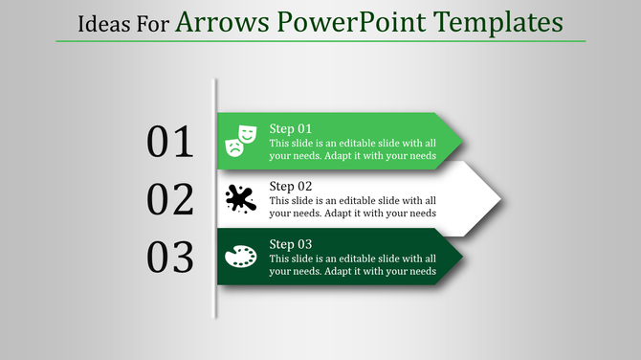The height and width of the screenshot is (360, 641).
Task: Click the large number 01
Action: pyautogui.click(x=170, y=142)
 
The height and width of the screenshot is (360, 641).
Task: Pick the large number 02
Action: pyautogui.click(x=170, y=199)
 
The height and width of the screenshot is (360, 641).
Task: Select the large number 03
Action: pyautogui.click(x=170, y=258)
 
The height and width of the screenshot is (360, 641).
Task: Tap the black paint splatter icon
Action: pyautogui.click(x=240, y=199)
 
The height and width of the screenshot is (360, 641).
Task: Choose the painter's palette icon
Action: pyautogui.click(x=240, y=257)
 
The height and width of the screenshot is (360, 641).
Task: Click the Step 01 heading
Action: pyautogui.click(x=290, y=128)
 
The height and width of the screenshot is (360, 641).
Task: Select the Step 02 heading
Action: pyautogui.click(x=290, y=186)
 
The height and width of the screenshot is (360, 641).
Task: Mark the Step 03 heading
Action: pyautogui.click(x=290, y=243)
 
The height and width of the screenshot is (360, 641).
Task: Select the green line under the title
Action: pyautogui.click(x=320, y=41)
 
